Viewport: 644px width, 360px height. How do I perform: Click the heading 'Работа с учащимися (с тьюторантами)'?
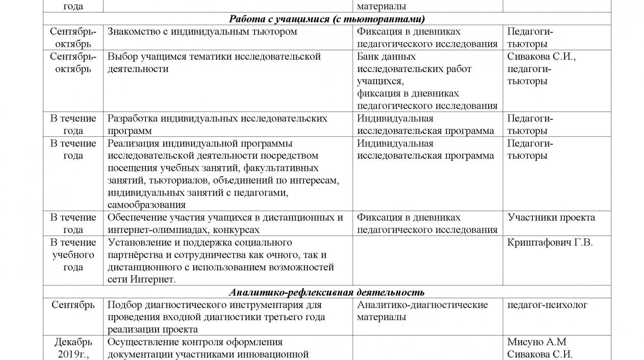[326, 19]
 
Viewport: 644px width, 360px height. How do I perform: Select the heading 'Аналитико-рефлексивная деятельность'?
[326, 292]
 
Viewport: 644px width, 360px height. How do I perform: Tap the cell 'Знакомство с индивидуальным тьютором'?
[202, 32]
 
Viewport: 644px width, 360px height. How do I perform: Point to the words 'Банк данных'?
[386, 57]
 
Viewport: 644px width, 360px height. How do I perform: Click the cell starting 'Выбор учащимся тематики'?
[214, 63]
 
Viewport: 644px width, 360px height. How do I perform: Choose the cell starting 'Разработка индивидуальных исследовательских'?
[217, 124]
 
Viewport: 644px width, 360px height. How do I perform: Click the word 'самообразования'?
[146, 205]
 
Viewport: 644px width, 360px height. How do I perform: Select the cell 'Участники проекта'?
[551, 218]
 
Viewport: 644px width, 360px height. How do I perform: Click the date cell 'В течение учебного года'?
[73, 255]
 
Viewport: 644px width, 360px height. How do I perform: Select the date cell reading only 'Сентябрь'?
[73, 305]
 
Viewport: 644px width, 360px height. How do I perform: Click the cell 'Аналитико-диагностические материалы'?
[422, 311]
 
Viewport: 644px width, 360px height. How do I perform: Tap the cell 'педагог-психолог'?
[547, 305]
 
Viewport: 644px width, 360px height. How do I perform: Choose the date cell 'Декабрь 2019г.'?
[73, 348]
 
